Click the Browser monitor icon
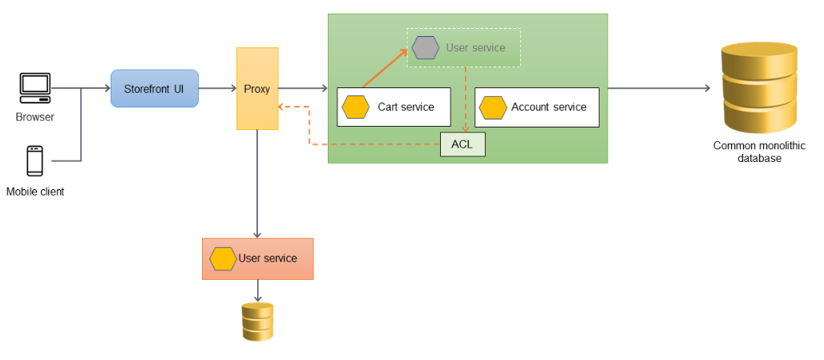[x=35, y=87]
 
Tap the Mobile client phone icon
[x=34, y=160]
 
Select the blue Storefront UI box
[x=155, y=88]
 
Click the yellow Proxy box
[x=257, y=88]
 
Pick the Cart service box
[x=393, y=107]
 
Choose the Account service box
[x=537, y=107]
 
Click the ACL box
[x=462, y=144]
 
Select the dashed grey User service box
[x=464, y=47]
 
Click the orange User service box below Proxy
[x=257, y=258]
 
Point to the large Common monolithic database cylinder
[x=759, y=88]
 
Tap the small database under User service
[x=257, y=322]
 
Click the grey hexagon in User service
[x=426, y=47]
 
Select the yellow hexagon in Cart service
[x=355, y=107]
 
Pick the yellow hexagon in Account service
[x=493, y=107]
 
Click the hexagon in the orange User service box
[x=223, y=258]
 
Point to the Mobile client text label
[x=35, y=192]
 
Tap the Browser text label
[x=35, y=117]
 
